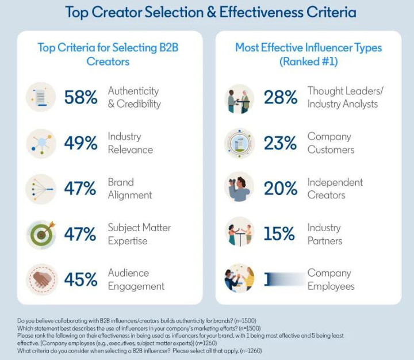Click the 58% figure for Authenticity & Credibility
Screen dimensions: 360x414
point(80,98)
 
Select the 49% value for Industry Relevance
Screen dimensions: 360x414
point(80,143)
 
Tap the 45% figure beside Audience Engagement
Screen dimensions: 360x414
point(80,279)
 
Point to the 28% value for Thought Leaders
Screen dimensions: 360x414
point(281,98)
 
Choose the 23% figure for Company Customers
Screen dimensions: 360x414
point(281,143)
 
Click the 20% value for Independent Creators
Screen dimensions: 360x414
point(281,189)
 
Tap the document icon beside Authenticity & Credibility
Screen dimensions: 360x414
point(41,97)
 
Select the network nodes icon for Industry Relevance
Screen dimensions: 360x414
point(41,143)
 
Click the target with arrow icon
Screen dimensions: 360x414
point(41,233)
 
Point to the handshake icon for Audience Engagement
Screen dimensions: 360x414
point(41,279)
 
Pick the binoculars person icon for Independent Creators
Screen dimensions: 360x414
point(239,188)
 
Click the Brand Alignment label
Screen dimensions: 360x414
point(130,189)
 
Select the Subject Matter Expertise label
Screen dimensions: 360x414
point(139,234)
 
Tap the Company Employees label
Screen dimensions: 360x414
point(331,279)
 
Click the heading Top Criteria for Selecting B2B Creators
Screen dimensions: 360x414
point(108,54)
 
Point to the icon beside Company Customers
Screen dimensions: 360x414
point(239,143)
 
